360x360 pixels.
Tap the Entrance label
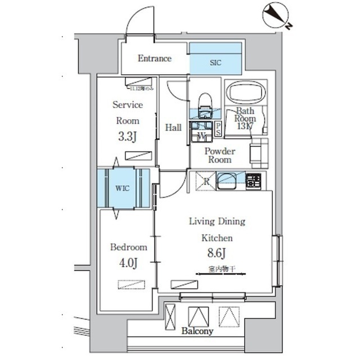[x=154, y=58]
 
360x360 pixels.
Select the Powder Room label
[x=219, y=155]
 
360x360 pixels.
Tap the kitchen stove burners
[x=253, y=181]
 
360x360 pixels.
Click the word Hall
[x=173, y=128]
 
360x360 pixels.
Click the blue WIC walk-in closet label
[x=123, y=188]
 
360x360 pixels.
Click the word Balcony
[x=197, y=332]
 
